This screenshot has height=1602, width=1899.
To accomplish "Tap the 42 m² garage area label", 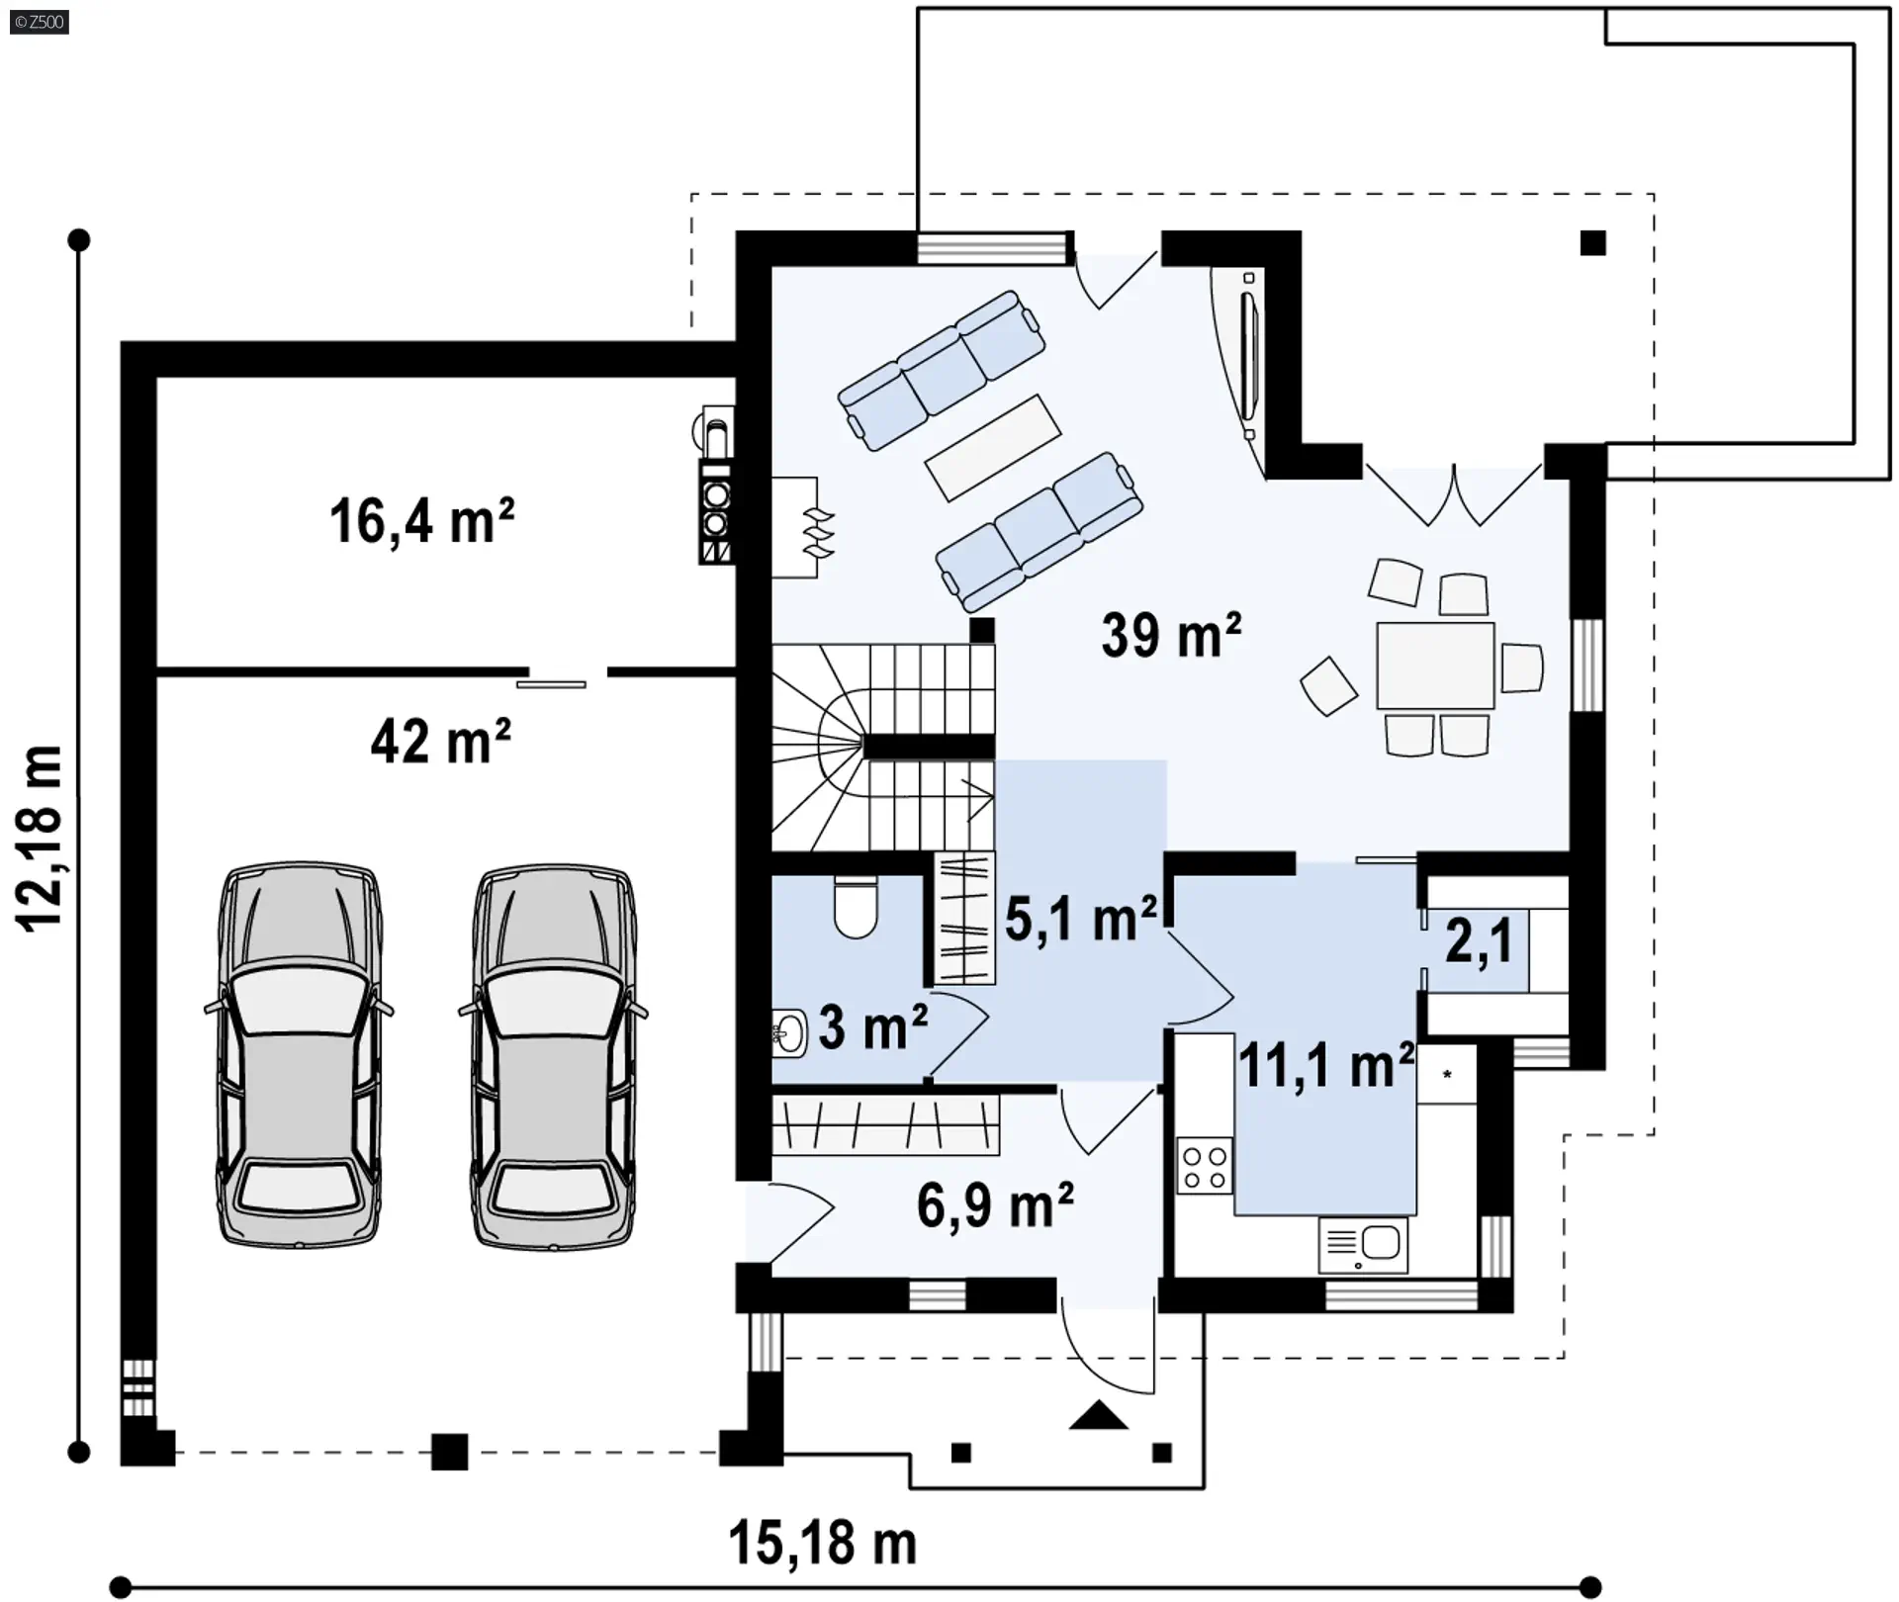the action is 441,741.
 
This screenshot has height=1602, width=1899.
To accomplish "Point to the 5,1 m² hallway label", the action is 1081,919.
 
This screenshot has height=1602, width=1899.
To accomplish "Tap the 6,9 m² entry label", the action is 995,1205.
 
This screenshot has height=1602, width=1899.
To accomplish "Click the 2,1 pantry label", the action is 1479,940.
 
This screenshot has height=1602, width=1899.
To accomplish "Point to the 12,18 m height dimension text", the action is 42,839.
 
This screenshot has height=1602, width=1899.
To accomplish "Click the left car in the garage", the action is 299,1054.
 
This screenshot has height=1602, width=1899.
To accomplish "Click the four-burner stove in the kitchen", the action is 1205,1167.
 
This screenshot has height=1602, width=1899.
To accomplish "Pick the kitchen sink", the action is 1363,1245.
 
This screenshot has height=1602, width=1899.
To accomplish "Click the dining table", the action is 1435,665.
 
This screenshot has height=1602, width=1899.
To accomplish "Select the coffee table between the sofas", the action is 993,447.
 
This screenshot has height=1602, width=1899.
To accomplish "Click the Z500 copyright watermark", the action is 40,22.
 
